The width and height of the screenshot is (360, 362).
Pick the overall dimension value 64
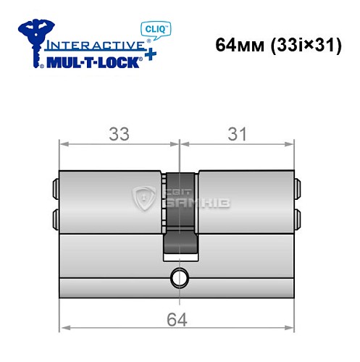point(177,318)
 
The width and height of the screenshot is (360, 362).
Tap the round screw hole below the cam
point(178,275)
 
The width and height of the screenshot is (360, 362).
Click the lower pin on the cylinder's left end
point(55,216)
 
